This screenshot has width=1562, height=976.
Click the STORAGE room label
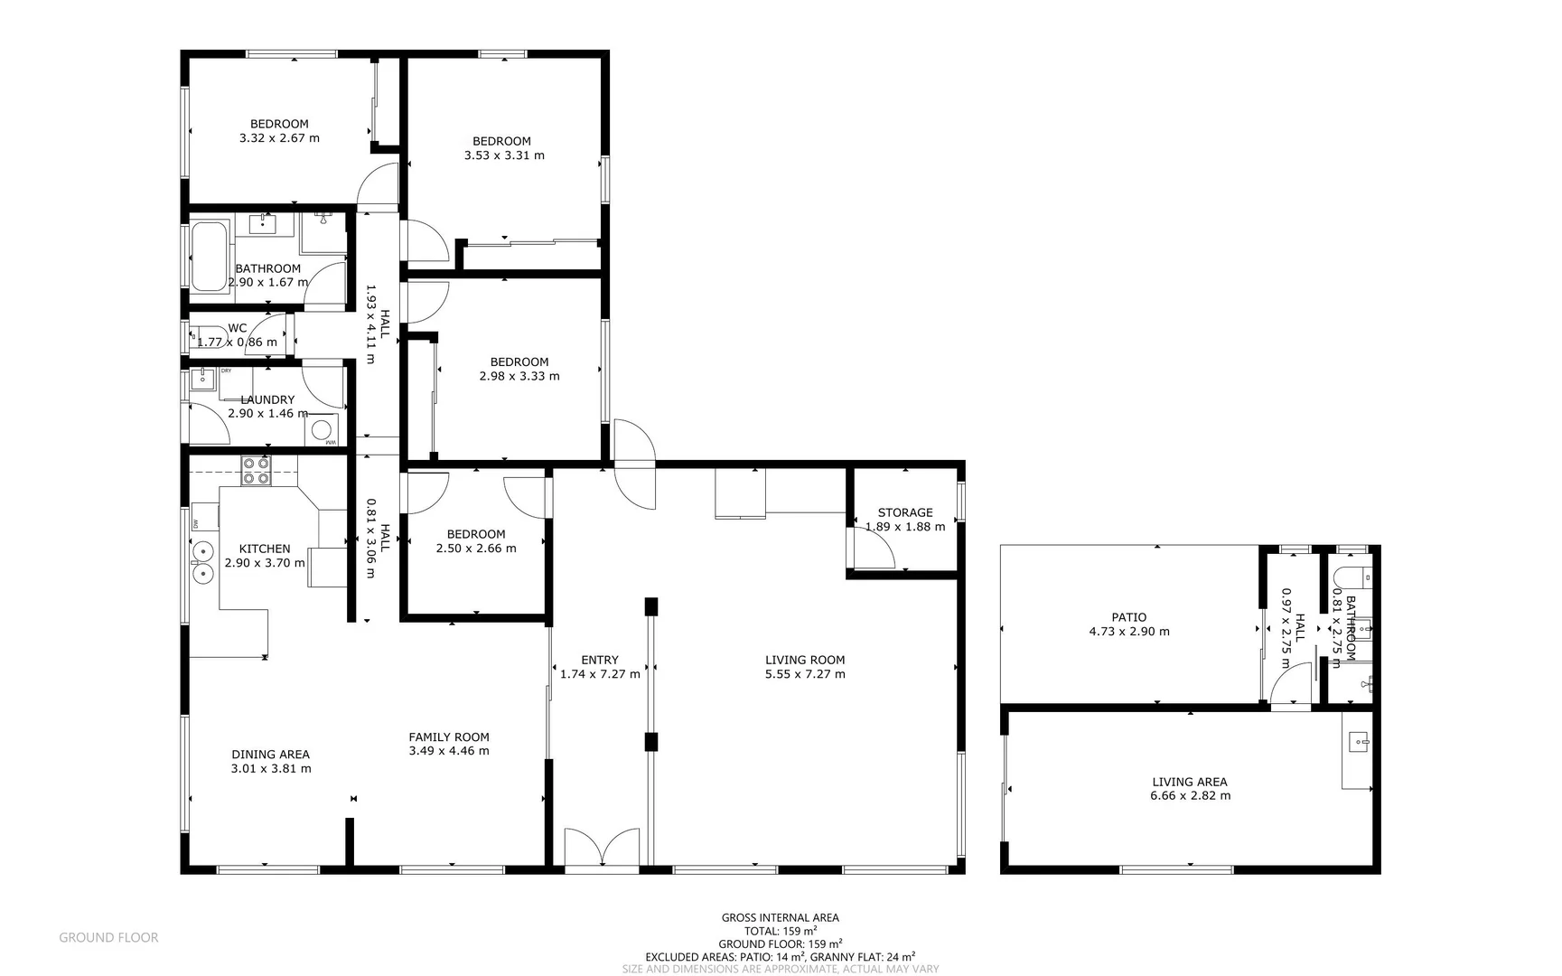[x=904, y=512]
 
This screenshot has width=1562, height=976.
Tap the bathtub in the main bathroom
[x=210, y=256]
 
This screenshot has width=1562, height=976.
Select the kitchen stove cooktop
[x=256, y=470]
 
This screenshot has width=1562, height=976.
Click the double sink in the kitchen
[x=202, y=560]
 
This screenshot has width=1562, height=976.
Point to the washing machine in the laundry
[x=323, y=430]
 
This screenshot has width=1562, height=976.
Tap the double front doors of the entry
[x=602, y=849]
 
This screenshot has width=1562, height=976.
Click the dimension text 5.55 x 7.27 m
[x=805, y=674]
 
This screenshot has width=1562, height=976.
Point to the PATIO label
[x=1129, y=617]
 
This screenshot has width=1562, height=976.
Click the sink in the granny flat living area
[x=1358, y=743]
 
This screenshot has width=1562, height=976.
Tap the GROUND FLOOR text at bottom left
[x=108, y=938]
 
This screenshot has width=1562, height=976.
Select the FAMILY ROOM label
[x=449, y=737]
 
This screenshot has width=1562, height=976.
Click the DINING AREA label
[x=270, y=755]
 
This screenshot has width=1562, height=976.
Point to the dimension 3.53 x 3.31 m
[x=504, y=155]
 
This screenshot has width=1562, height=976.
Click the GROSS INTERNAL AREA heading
[x=780, y=917]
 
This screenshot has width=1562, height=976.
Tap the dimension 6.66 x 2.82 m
[x=1190, y=796]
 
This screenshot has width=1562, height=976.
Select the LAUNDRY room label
[x=267, y=399]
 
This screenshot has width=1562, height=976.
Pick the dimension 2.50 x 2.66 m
[x=476, y=549]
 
